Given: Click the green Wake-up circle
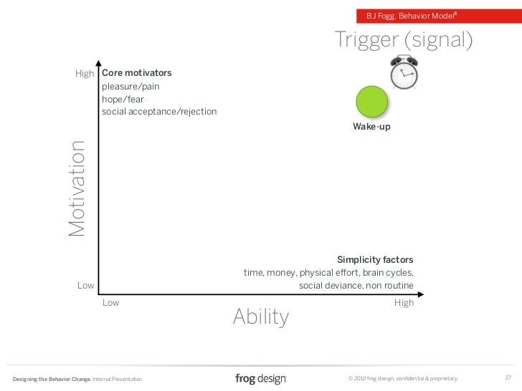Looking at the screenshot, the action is point(372,101).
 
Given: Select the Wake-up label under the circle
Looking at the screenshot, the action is point(371,127).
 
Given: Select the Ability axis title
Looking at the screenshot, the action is point(260,317).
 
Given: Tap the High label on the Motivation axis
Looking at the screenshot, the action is point(85,74).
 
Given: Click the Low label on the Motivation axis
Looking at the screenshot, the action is point(86,286).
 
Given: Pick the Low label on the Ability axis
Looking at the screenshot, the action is point(111,303).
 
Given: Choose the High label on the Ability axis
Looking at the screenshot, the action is point(404,303).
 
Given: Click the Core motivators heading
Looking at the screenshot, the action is point(137,73).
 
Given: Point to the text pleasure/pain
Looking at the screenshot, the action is point(130,87).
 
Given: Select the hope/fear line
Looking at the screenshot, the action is point(123,100).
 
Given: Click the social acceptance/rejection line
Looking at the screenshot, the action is point(159,112).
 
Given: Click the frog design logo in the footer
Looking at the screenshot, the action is point(260,377).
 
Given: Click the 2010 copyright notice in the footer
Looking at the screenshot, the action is point(402,377).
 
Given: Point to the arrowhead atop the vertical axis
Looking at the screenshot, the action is point(98,63).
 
